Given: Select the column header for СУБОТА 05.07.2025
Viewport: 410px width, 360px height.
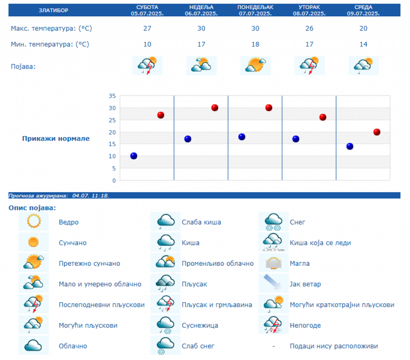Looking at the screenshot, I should (147, 10).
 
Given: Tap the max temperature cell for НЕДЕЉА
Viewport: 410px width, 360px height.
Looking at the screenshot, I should (201, 29).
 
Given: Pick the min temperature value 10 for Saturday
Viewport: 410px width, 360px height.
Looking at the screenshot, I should (147, 45).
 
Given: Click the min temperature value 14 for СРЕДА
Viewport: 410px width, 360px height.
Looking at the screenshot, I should (363, 45).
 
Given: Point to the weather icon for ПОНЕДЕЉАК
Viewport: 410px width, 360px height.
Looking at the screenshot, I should (255, 66).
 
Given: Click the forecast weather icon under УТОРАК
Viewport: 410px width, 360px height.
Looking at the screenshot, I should (309, 66).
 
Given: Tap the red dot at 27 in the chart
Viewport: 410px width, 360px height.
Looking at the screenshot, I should (160, 115).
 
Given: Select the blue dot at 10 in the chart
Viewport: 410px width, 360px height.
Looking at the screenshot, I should (133, 156).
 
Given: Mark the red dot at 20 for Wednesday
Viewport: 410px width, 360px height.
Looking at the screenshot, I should (377, 132).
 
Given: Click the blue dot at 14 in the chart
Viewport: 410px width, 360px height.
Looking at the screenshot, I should (350, 146).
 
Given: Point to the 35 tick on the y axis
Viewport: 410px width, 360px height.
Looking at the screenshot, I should (112, 96).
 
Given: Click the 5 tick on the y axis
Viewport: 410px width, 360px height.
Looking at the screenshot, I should (113, 168).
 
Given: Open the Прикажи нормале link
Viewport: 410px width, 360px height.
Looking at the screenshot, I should (56, 139).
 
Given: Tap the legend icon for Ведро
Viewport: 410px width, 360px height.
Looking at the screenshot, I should (34, 222).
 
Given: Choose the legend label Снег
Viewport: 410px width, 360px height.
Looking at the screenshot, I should (297, 222).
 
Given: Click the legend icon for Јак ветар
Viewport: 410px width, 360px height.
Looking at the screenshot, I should (273, 284).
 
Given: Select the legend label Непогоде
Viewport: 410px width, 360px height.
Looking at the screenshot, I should (305, 325).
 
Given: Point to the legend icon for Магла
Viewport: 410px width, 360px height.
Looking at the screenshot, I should (273, 263).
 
